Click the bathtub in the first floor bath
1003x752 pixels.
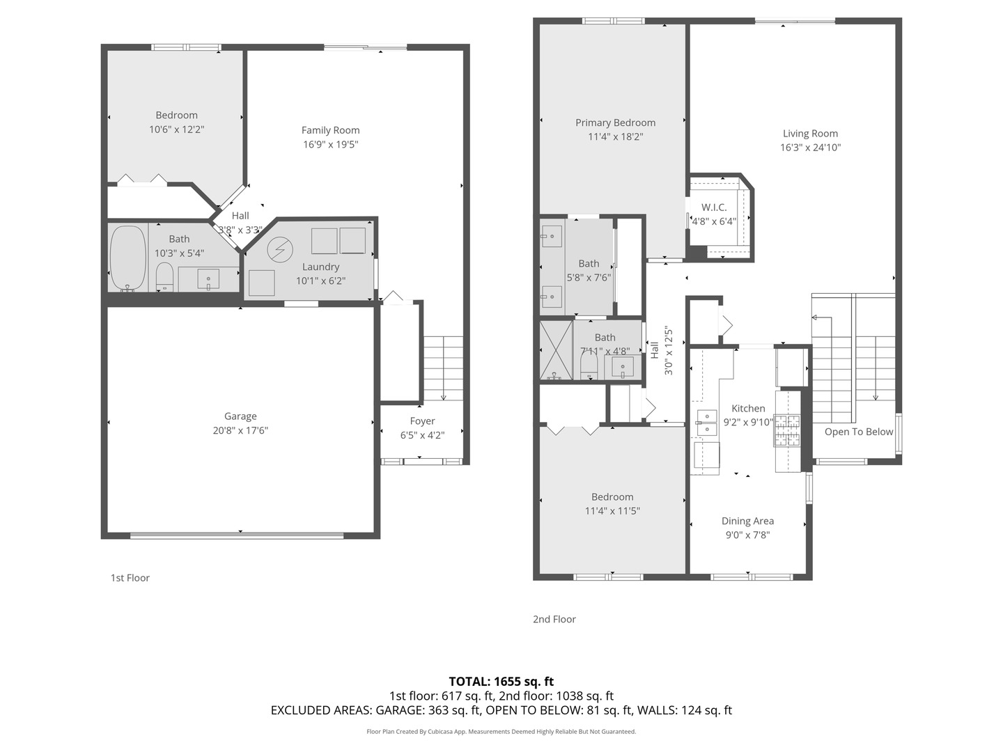tap(128, 258)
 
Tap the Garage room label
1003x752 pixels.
tap(240, 416)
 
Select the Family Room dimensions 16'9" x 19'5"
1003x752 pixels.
tap(330, 144)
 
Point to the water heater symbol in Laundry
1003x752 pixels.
tap(279, 249)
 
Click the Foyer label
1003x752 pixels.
tap(422, 421)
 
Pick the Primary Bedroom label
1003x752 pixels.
tap(615, 123)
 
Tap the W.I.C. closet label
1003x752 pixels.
tap(714, 207)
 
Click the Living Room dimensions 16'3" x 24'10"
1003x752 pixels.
tap(810, 148)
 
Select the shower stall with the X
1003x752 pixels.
tap(556, 350)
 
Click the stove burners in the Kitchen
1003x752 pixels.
tap(787, 430)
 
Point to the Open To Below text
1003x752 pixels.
tap(859, 432)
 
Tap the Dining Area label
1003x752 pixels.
tap(747, 521)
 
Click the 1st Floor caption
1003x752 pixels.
tap(130, 578)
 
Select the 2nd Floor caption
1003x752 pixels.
tap(554, 619)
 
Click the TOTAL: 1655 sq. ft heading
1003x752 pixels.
tap(501, 682)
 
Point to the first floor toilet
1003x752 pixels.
tap(164, 276)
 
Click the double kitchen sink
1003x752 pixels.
tap(706, 423)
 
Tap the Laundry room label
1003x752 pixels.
tap(320, 267)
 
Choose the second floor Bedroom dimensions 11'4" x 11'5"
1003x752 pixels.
tap(612, 510)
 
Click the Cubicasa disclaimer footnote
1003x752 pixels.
tap(501, 731)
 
